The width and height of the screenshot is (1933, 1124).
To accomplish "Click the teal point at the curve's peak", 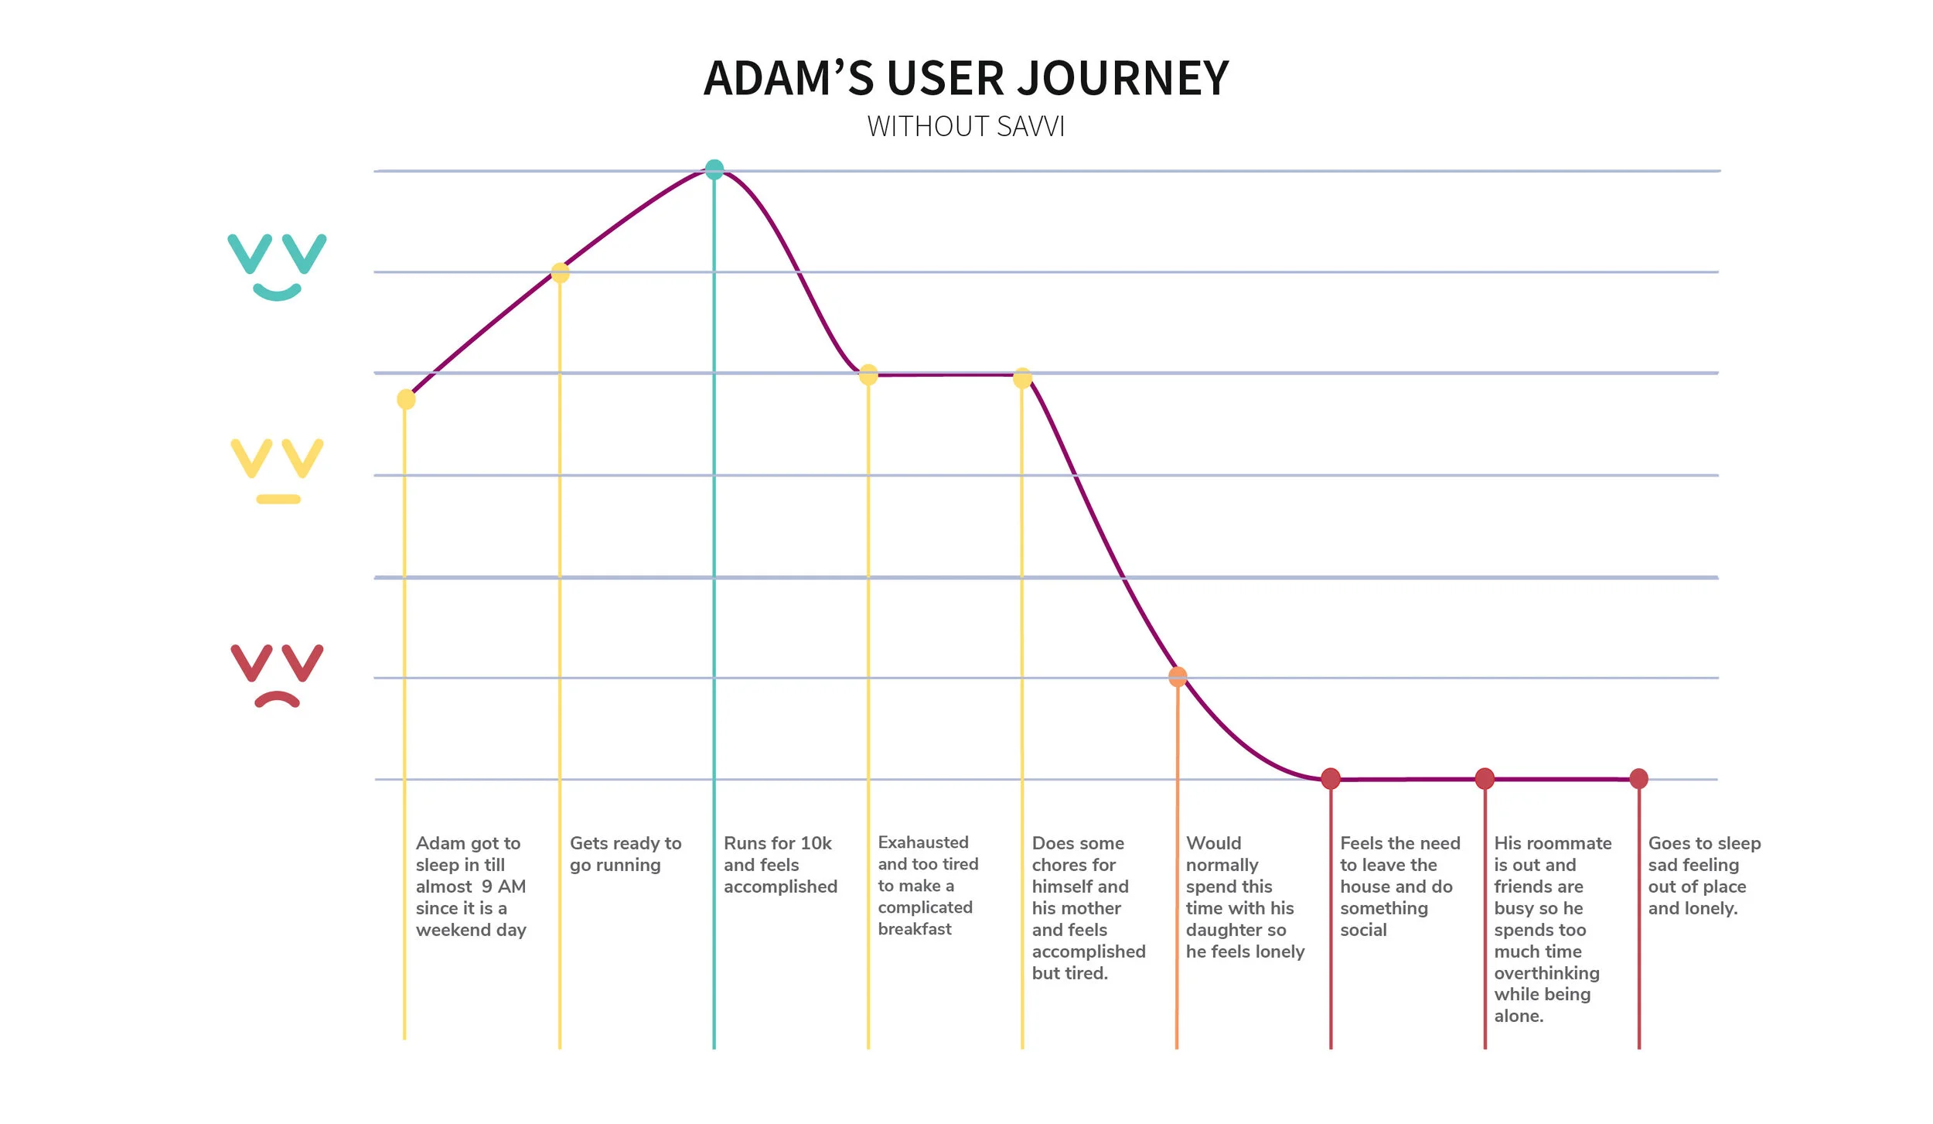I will tap(714, 169).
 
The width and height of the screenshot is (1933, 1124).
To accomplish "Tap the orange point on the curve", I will tap(1178, 677).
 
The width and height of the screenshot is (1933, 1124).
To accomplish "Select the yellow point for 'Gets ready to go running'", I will tap(560, 273).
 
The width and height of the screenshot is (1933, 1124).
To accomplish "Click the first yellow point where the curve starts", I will tap(406, 399).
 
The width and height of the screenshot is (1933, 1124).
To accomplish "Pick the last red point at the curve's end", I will tap(1638, 778).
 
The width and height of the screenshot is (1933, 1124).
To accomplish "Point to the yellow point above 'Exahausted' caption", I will tap(868, 375).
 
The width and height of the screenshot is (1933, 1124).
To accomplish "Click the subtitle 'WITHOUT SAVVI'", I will tap(966, 127).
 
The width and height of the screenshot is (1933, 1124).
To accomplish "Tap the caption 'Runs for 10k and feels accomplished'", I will tap(779, 865).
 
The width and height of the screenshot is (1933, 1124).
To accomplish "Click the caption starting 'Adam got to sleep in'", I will tap(470, 887).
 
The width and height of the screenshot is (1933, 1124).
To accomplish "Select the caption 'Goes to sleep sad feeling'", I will tap(1703, 876).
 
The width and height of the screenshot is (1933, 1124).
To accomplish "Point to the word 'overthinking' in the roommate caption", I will tap(1546, 973).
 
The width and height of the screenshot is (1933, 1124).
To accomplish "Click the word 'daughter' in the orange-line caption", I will tap(1236, 930).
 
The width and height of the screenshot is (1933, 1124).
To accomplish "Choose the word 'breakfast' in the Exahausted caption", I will tap(915, 929).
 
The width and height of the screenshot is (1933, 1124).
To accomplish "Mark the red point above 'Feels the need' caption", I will tap(1331, 778).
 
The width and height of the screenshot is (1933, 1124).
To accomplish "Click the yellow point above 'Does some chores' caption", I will tap(1022, 378).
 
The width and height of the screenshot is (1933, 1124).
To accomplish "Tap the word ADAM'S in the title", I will tap(788, 79).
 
